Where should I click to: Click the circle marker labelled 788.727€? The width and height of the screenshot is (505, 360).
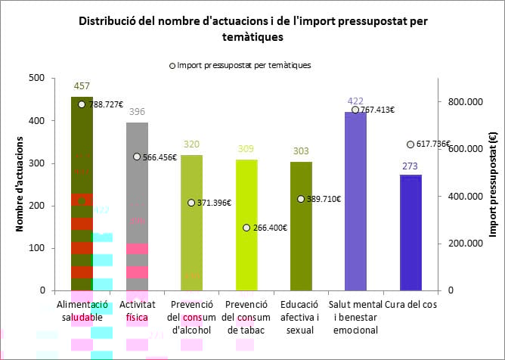(82, 104)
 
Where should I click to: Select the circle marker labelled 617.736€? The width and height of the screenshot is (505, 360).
(410, 144)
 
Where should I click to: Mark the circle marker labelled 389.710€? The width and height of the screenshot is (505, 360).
(301, 199)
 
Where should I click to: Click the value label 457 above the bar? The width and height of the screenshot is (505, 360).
(82, 87)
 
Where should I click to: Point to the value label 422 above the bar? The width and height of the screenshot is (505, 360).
(355, 101)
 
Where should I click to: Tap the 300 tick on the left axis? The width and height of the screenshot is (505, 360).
(36, 163)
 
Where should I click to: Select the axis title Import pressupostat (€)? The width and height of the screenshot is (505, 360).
(493, 184)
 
